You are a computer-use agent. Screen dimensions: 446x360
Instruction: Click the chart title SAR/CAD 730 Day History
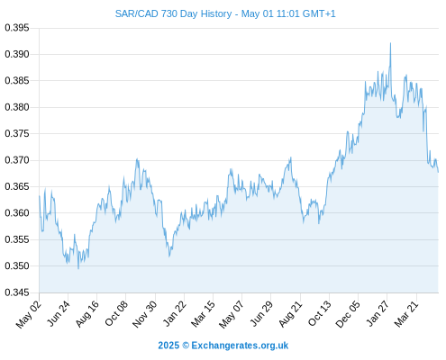pyautogui.click(x=173, y=13)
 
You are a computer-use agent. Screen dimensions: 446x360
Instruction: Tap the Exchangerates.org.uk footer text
pyautogui.click(x=240, y=346)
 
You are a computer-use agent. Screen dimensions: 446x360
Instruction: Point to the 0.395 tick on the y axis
pyautogui.click(x=17, y=28)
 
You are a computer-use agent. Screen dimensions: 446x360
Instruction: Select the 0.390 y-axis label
pyautogui.click(x=17, y=54)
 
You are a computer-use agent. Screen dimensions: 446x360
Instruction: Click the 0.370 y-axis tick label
pyautogui.click(x=17, y=160)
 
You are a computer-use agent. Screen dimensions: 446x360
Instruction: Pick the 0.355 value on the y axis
pyautogui.click(x=17, y=239)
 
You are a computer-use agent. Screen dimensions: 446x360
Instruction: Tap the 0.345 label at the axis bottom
pyautogui.click(x=17, y=292)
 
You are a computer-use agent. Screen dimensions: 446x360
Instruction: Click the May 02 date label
pyautogui.click(x=29, y=314)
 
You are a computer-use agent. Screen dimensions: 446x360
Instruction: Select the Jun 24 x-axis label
pyautogui.click(x=59, y=314)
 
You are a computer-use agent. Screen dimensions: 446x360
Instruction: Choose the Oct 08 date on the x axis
pyautogui.click(x=116, y=313)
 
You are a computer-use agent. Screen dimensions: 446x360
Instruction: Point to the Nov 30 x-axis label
pyautogui.click(x=145, y=314)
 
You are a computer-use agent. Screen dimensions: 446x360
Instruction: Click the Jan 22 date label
pyautogui.click(x=175, y=313)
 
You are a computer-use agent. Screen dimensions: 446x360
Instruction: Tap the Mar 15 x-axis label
pyautogui.click(x=204, y=314)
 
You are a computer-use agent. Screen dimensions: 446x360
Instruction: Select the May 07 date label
pyautogui.click(x=232, y=314)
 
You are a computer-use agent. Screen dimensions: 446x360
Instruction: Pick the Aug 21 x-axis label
pyautogui.click(x=290, y=314)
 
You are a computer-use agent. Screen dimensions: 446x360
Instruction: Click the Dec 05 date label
pyautogui.click(x=348, y=314)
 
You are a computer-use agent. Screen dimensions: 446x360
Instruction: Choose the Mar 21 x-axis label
pyautogui.click(x=406, y=314)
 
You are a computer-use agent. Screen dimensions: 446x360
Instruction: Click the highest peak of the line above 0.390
pyautogui.click(x=390, y=43)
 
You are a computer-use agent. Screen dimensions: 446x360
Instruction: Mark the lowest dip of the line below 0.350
pyautogui.click(x=78, y=268)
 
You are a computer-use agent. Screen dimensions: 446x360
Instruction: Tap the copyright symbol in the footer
pyautogui.click(x=186, y=346)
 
